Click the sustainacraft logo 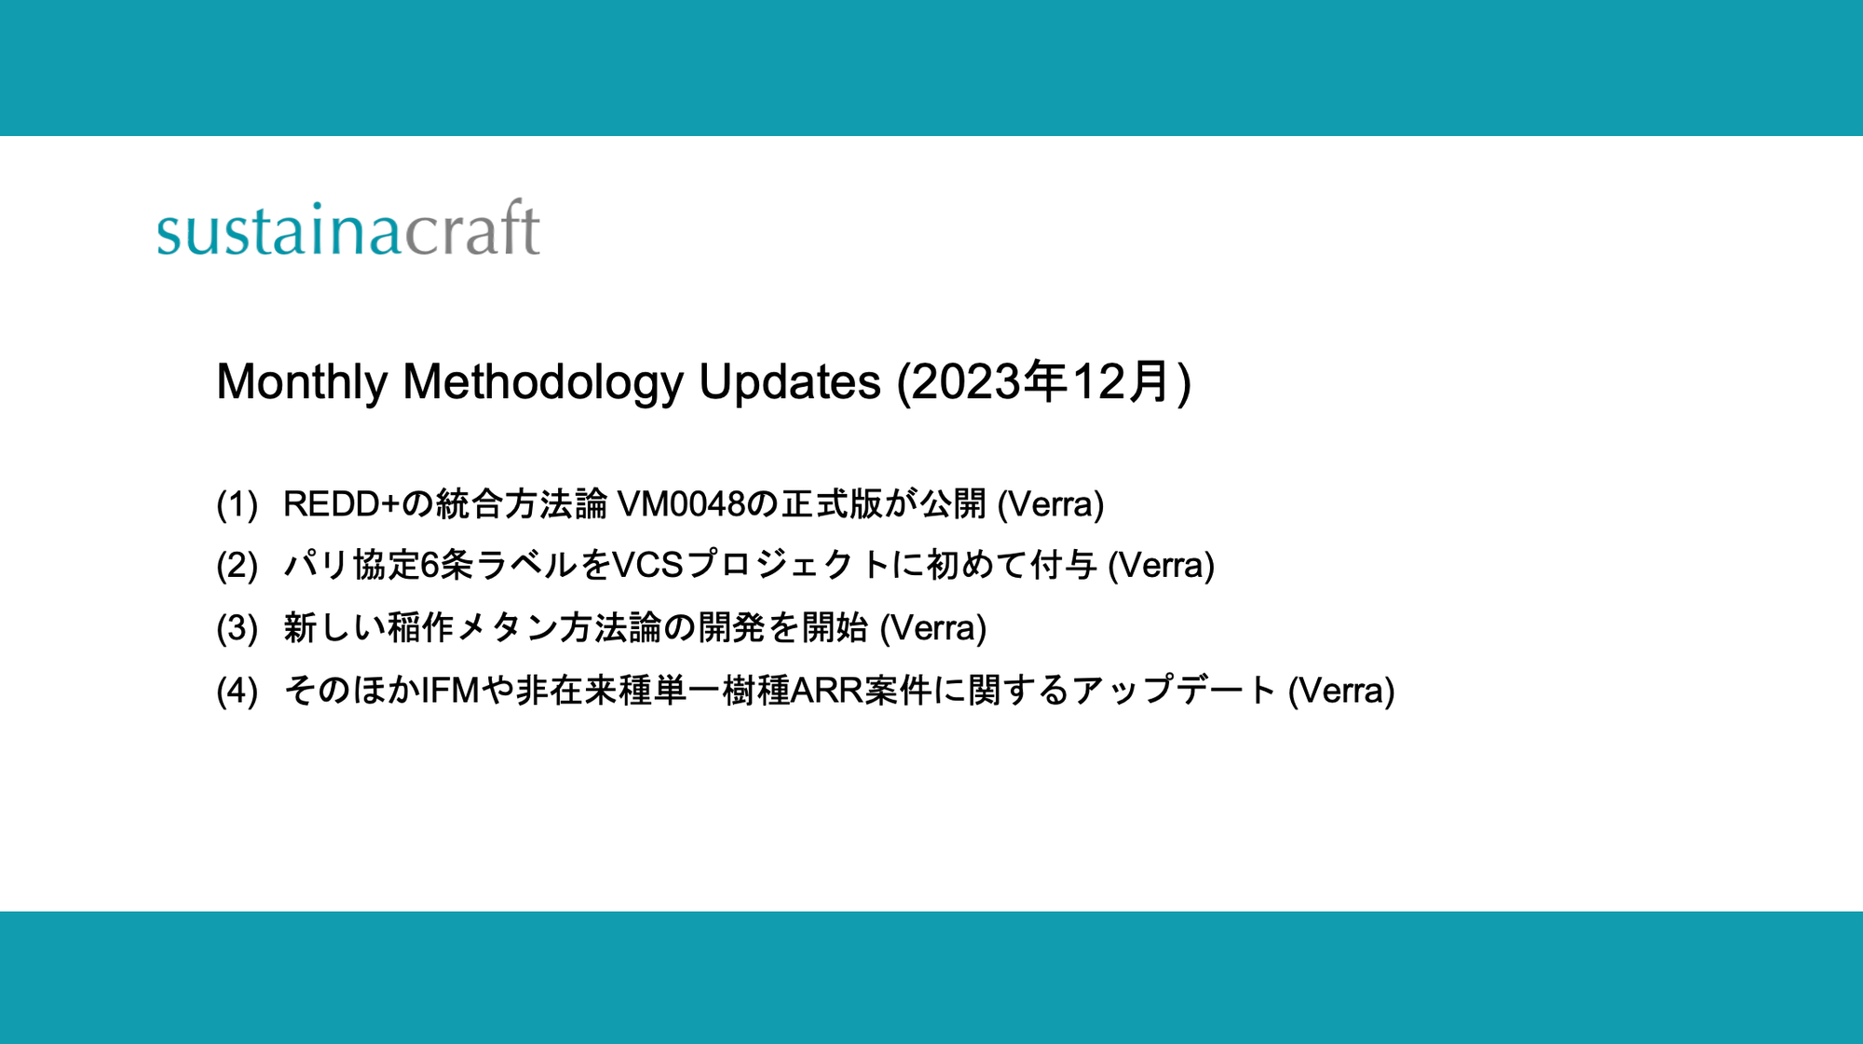click(348, 228)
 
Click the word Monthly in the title click(302, 382)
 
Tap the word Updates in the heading click(790, 382)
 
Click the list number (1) click(237, 505)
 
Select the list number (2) click(237, 567)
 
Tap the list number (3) click(237, 629)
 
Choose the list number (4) click(237, 692)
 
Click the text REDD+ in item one click(341, 504)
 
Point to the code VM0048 click(682, 504)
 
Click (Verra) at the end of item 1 click(1051, 504)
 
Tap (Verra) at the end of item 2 click(1161, 566)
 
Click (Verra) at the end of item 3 click(932, 628)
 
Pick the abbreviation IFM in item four click(450, 691)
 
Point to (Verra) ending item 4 click(1340, 691)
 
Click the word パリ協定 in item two click(351, 566)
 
